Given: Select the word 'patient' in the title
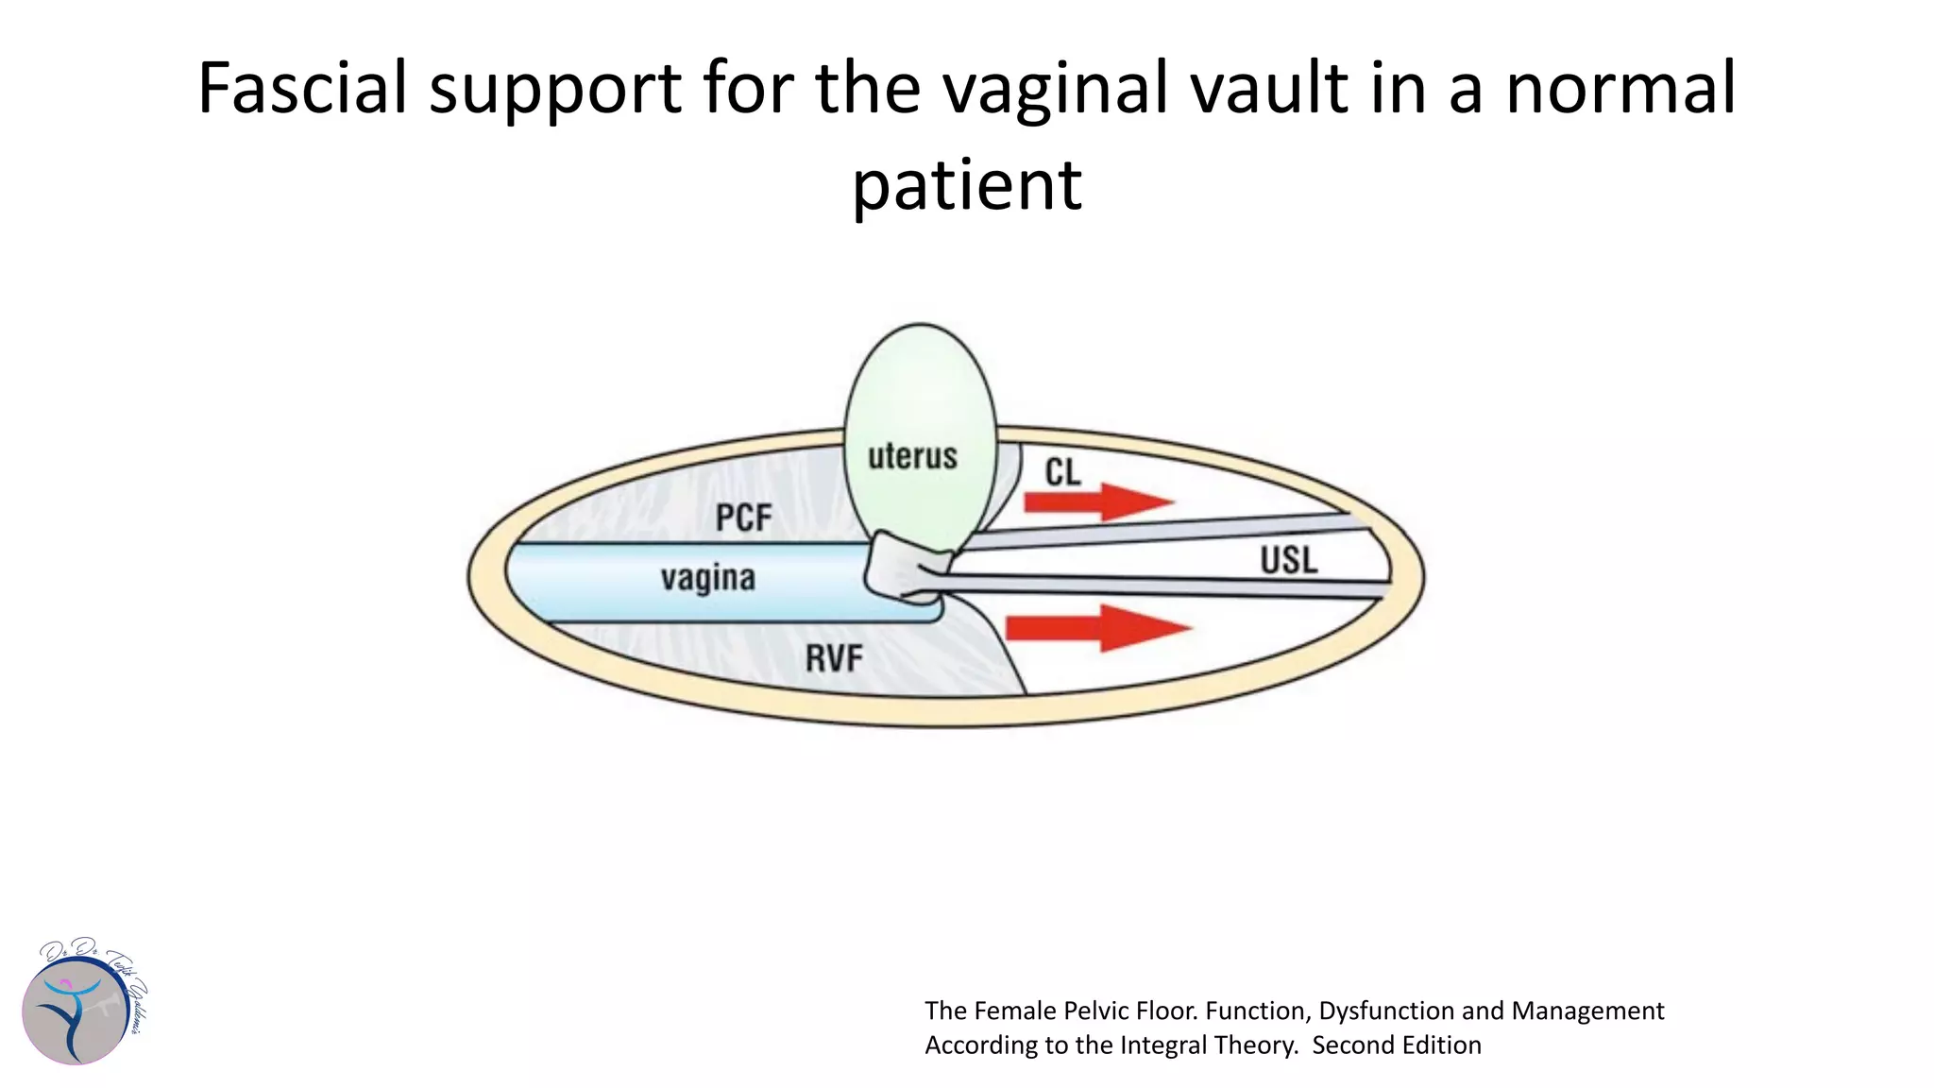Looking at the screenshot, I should (x=966, y=185).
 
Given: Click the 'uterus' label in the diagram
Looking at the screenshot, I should (x=912, y=456).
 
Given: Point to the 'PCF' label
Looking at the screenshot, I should (x=743, y=518).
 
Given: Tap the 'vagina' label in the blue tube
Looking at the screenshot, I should (x=707, y=578).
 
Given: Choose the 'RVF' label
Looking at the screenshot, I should (x=834, y=658).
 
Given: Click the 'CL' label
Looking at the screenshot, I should (x=1062, y=472).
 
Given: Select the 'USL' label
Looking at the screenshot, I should (x=1288, y=561).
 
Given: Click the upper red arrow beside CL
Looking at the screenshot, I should (x=1099, y=501).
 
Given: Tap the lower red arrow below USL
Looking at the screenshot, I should (x=1099, y=628).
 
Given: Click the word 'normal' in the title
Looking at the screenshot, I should (x=1620, y=88).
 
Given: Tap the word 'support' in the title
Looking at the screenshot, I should (x=555, y=88).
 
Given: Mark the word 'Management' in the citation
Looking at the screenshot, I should (x=1587, y=1011).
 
